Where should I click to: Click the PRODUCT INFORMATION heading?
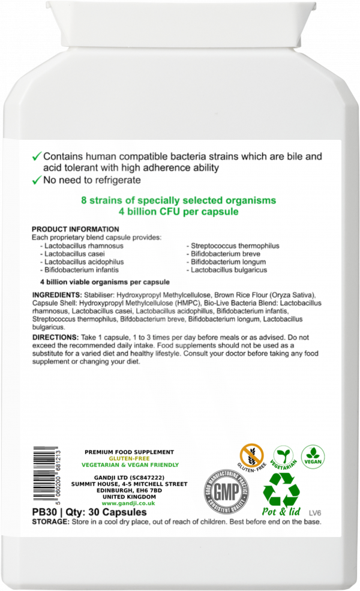pos(75,229)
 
